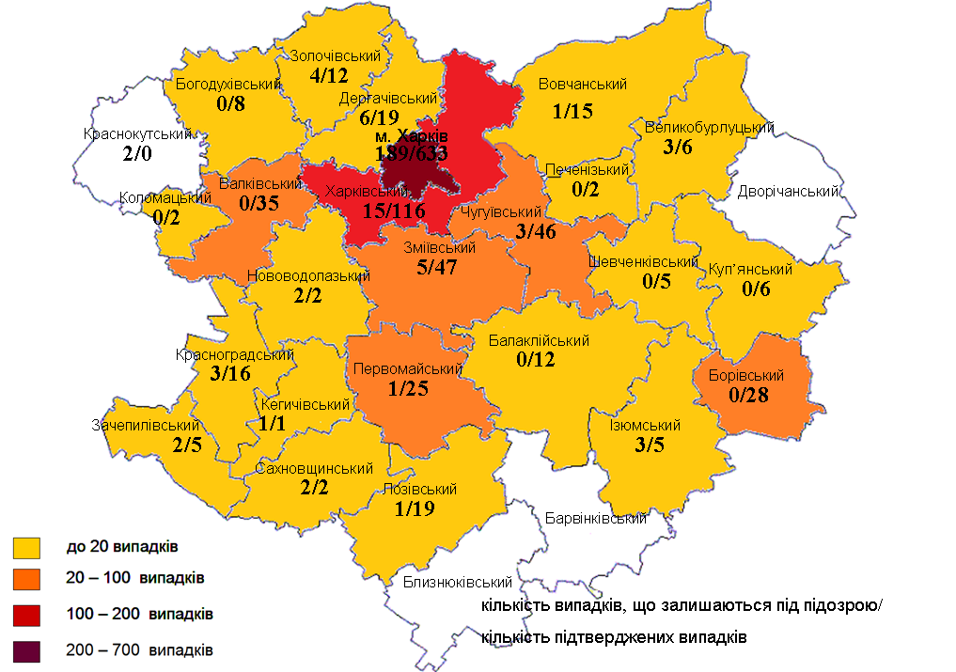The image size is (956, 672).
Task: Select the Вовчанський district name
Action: click(x=583, y=85)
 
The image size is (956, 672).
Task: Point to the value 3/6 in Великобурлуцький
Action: click(x=677, y=148)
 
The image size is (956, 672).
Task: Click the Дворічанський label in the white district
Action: click(x=788, y=192)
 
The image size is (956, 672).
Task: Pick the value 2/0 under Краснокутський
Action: click(x=135, y=154)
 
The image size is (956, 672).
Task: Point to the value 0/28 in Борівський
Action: click(x=748, y=395)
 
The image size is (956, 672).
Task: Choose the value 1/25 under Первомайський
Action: click(x=409, y=388)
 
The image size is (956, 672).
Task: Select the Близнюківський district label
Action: click(x=449, y=583)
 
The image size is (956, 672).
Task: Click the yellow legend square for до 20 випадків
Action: click(x=26, y=546)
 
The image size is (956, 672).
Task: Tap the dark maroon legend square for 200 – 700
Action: click(x=26, y=649)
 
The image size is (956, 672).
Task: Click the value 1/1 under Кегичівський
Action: click(x=274, y=424)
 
